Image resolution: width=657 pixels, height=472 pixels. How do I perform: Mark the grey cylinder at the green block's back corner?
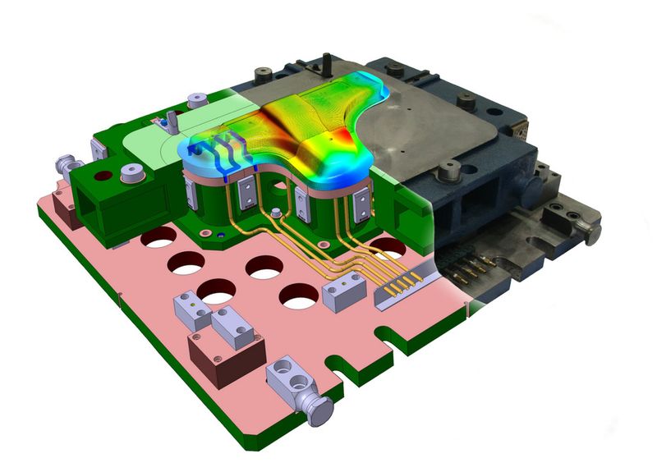(197, 99)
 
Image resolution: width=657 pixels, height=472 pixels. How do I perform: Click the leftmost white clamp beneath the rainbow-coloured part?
(190, 195)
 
